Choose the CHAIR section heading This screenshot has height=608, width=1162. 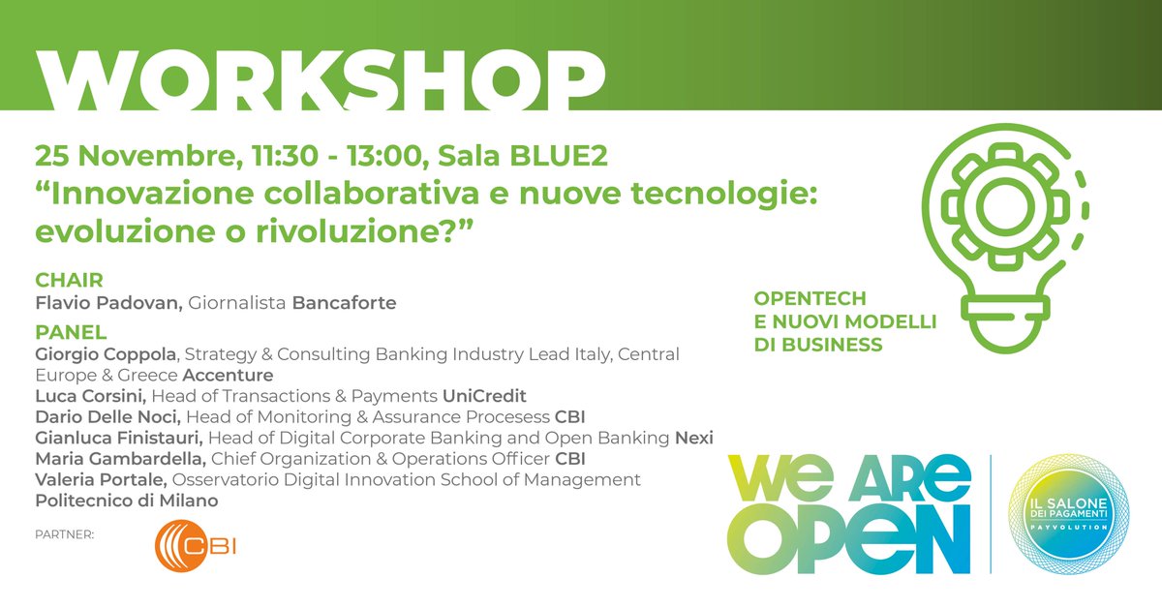click(x=69, y=281)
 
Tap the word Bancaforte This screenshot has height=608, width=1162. click(x=345, y=303)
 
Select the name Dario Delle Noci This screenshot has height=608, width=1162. click(x=107, y=417)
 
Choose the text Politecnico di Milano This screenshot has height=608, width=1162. click(x=127, y=501)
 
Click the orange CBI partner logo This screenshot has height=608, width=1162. click(x=196, y=546)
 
